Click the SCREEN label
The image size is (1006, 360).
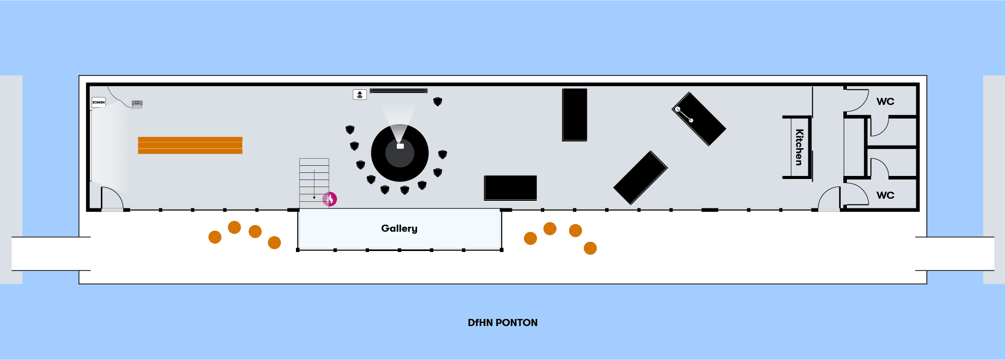click(98, 102)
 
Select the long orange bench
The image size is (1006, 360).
click(190, 145)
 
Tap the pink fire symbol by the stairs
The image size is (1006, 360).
click(330, 199)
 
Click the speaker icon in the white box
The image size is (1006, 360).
click(359, 95)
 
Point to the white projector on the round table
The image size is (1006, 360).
click(400, 146)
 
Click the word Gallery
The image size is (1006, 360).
click(399, 229)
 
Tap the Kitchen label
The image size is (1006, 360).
click(799, 147)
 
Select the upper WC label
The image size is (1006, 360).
click(885, 101)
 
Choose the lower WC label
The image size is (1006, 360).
click(885, 195)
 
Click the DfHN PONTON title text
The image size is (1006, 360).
click(503, 323)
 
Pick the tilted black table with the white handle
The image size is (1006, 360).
click(699, 119)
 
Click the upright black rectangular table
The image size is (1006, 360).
click(575, 115)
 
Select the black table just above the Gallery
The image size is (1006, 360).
click(510, 188)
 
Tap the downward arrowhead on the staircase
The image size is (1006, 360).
click(314, 198)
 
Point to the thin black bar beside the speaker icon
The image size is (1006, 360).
click(398, 91)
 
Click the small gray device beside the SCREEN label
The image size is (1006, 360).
click(137, 104)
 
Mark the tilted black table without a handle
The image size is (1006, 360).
click(641, 177)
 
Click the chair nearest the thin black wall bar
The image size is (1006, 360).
click(438, 102)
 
